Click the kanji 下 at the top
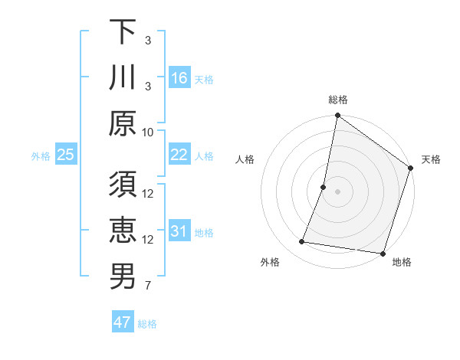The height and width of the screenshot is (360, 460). (123, 32)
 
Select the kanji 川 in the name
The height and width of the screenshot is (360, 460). (123, 77)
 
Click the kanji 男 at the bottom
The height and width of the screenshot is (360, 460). (123, 277)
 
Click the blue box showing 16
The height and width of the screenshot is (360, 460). (179, 78)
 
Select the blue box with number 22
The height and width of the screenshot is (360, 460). (179, 155)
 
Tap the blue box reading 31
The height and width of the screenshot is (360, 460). (179, 231)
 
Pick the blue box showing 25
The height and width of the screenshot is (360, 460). (65, 155)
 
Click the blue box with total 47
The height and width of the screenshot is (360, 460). (123, 322)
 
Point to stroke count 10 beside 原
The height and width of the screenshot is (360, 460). (148, 131)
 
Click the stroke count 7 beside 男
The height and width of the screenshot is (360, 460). (148, 286)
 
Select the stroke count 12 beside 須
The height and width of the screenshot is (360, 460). (148, 194)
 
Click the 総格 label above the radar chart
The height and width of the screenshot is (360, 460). (337, 100)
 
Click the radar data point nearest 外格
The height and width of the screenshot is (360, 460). (302, 242)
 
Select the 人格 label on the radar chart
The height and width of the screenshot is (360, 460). (245, 160)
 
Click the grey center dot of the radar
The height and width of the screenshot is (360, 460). (337, 191)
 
